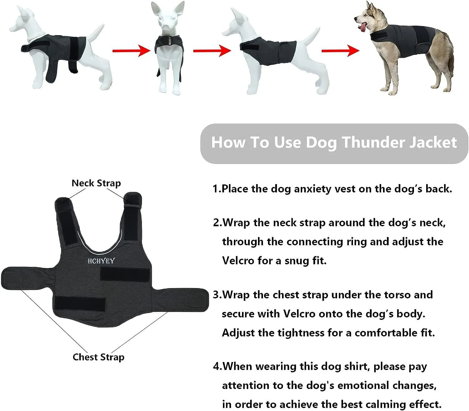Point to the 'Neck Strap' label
click(96, 183)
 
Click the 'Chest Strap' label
click(98, 357)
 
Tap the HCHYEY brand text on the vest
click(101, 261)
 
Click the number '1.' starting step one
click(217, 189)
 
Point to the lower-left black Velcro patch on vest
click(80, 304)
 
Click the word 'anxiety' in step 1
click(312, 189)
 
